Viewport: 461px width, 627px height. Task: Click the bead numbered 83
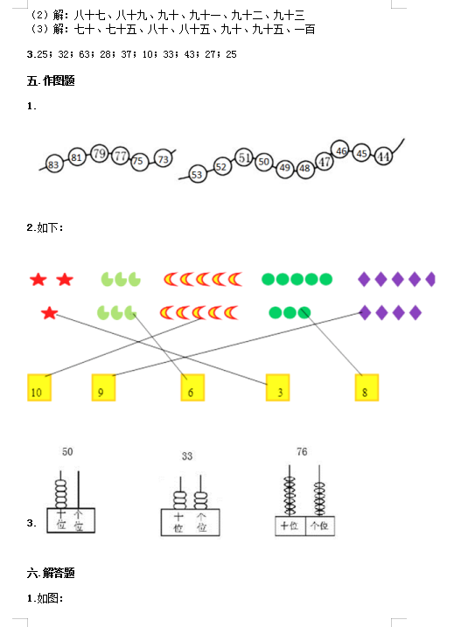pos(53,164)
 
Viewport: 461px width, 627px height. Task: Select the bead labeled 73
pos(164,159)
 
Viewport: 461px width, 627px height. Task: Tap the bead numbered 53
pos(197,174)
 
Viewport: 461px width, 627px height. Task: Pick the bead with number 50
pos(263,162)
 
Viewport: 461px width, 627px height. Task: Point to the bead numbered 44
pos(383,156)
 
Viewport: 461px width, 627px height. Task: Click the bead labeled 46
pos(340,150)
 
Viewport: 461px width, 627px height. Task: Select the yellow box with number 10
pos(39,387)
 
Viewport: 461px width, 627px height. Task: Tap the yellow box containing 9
pos(103,387)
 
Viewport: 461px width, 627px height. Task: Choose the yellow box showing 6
pos(192,387)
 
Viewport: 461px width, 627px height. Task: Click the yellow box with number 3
pos(277,387)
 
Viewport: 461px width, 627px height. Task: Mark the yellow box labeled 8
pos(367,387)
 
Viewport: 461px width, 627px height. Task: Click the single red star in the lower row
pos(50,313)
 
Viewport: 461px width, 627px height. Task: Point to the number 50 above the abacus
pos(67,451)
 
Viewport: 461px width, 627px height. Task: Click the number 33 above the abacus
pos(187,456)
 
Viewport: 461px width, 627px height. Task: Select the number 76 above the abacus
pos(302,451)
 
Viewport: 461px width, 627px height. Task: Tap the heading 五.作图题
pos(51,80)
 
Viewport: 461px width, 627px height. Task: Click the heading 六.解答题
pos(51,573)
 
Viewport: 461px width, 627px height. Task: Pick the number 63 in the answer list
pos(85,54)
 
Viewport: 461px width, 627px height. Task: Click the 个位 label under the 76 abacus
pos(319,525)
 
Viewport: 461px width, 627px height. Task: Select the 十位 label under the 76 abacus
pos(290,525)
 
